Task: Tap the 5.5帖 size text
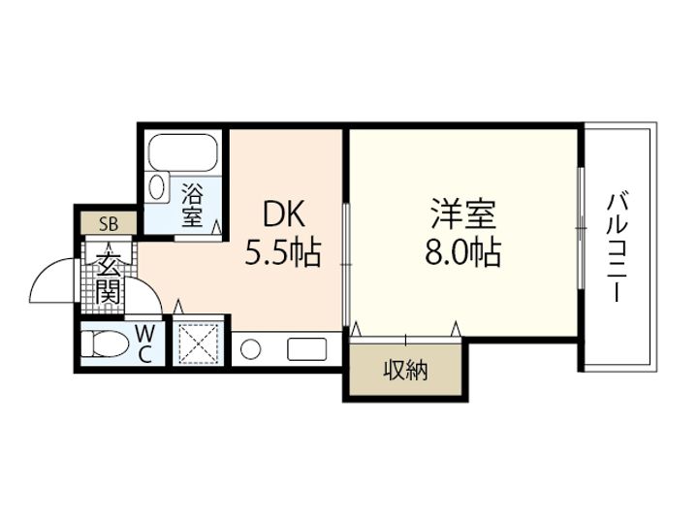tap(283, 254)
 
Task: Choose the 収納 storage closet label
tap(405, 370)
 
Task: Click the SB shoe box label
tap(109, 223)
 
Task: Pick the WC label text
tap(144, 343)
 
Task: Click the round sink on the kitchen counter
tap(251, 348)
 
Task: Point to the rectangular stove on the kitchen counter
tap(306, 348)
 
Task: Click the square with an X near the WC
tap(198, 343)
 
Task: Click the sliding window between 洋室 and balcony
tap(581, 225)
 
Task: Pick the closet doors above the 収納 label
tap(406, 336)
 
